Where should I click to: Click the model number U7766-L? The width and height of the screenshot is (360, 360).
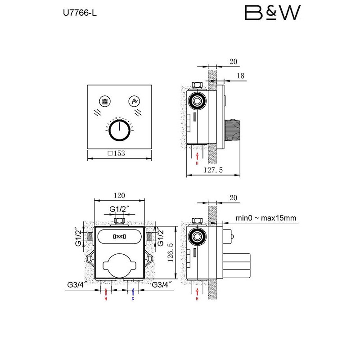tap(80, 13)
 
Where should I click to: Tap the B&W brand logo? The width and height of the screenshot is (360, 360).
tap(273, 13)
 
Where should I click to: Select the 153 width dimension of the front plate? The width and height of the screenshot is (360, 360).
tap(117, 153)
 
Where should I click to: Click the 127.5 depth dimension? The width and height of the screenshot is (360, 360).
tap(213, 170)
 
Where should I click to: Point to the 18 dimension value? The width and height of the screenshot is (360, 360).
tap(241, 76)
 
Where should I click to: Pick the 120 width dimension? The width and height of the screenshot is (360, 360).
tap(119, 195)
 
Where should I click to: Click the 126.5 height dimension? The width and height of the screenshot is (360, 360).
tap(171, 252)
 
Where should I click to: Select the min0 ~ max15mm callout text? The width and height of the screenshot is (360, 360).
tap(266, 218)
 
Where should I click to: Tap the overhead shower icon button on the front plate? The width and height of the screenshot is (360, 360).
tap(105, 101)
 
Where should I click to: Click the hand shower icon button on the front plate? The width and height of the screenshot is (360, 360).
tap(134, 101)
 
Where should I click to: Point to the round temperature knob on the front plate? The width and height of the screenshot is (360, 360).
tap(119, 130)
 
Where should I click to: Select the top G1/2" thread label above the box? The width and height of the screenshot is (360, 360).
tap(119, 209)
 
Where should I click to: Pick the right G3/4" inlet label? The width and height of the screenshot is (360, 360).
tap(162, 285)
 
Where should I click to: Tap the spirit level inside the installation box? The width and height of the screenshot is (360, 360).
tap(119, 237)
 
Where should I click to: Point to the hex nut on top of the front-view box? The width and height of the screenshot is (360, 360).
tap(119, 221)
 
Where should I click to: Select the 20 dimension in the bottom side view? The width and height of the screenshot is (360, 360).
tap(233, 198)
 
